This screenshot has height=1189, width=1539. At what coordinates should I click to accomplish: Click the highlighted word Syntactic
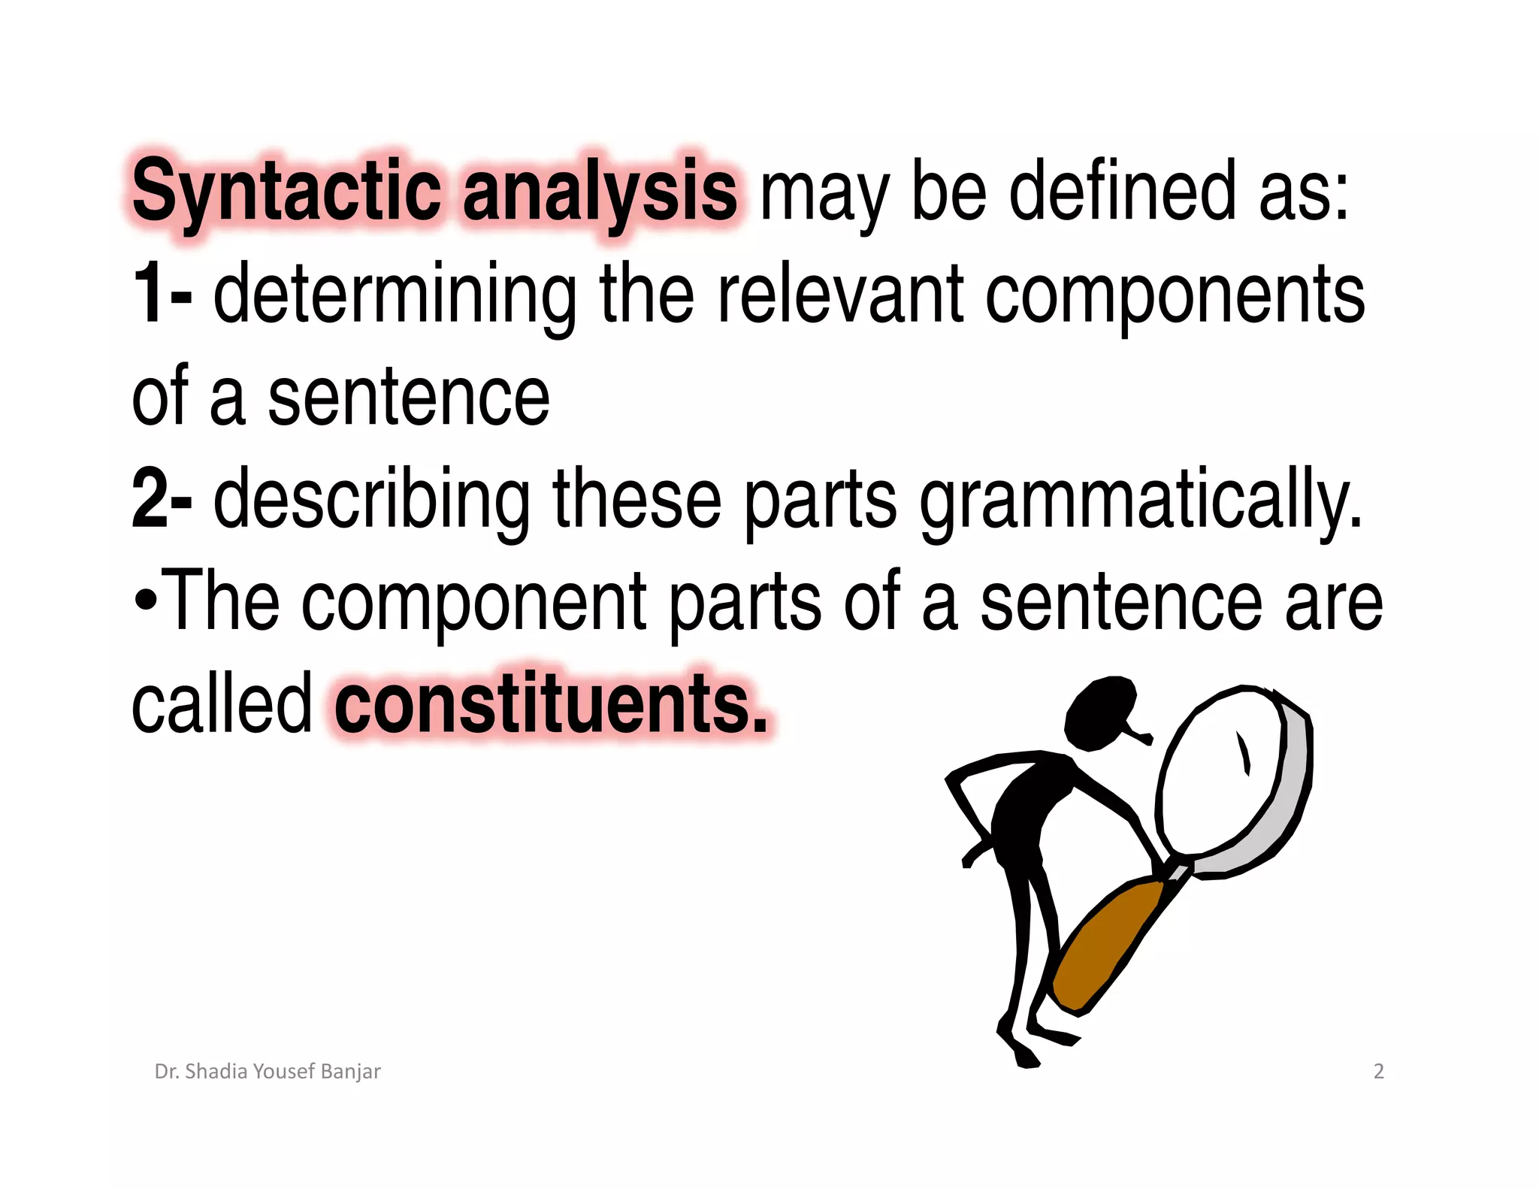[x=286, y=192]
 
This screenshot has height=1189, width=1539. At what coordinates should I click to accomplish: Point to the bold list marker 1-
[x=161, y=295]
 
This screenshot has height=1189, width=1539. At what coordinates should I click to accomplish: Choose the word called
[x=221, y=703]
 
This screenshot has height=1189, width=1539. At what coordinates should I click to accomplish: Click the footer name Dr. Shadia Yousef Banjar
[x=268, y=1071]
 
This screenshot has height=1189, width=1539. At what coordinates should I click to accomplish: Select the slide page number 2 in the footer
[x=1378, y=1071]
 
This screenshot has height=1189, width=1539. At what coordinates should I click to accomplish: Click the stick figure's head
[x=1099, y=713]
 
